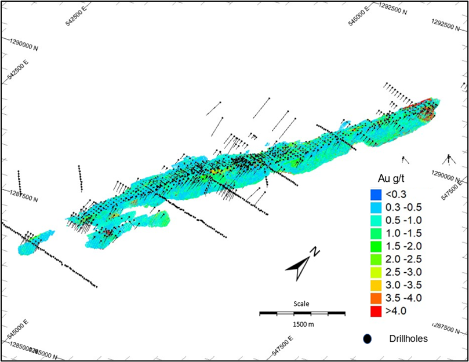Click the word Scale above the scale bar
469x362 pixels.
(x=301, y=304)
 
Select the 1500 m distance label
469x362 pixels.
(x=303, y=324)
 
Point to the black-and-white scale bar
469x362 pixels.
(x=302, y=313)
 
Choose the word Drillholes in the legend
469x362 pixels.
(x=408, y=338)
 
